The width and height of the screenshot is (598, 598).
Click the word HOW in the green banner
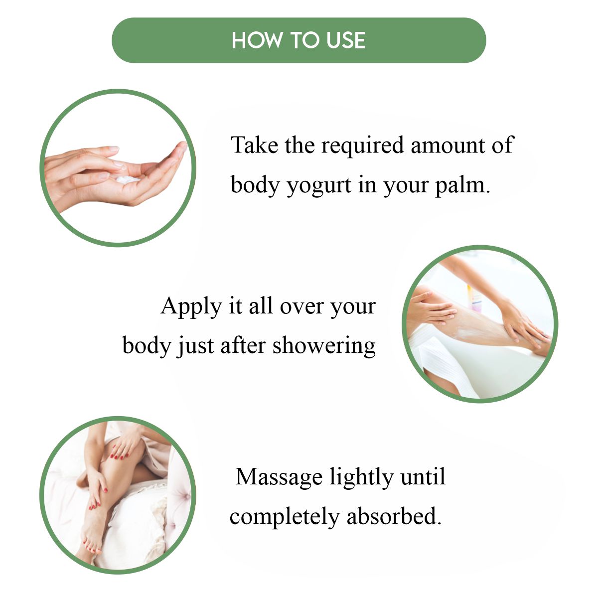[256, 40]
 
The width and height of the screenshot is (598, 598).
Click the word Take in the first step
[255, 145]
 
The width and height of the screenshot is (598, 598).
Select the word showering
[324, 345]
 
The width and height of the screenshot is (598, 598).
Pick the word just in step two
[195, 346]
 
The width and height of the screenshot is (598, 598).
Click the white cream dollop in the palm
[128, 180]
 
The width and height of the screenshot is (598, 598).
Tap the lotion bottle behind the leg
[474, 298]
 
